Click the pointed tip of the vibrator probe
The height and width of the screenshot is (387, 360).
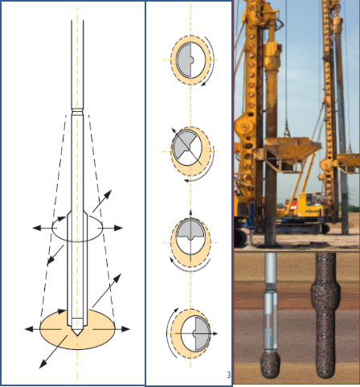tap(77, 335)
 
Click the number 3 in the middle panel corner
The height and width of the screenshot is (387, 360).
tap(228, 375)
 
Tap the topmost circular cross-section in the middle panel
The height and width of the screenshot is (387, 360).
tap(190, 60)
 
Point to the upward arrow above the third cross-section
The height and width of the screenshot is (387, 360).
tap(190, 214)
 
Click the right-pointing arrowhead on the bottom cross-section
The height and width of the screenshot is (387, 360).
tap(215, 334)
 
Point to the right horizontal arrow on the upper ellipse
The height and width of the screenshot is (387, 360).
tap(110, 228)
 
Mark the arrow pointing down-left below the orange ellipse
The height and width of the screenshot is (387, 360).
tap(53, 352)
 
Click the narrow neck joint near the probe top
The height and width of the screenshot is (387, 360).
tap(77, 110)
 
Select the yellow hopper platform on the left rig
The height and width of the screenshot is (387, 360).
tap(288, 153)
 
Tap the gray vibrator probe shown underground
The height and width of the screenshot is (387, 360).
tap(271, 303)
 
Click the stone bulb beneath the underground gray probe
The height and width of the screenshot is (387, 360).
tap(271, 364)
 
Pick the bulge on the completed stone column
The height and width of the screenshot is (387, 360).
tap(325, 295)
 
